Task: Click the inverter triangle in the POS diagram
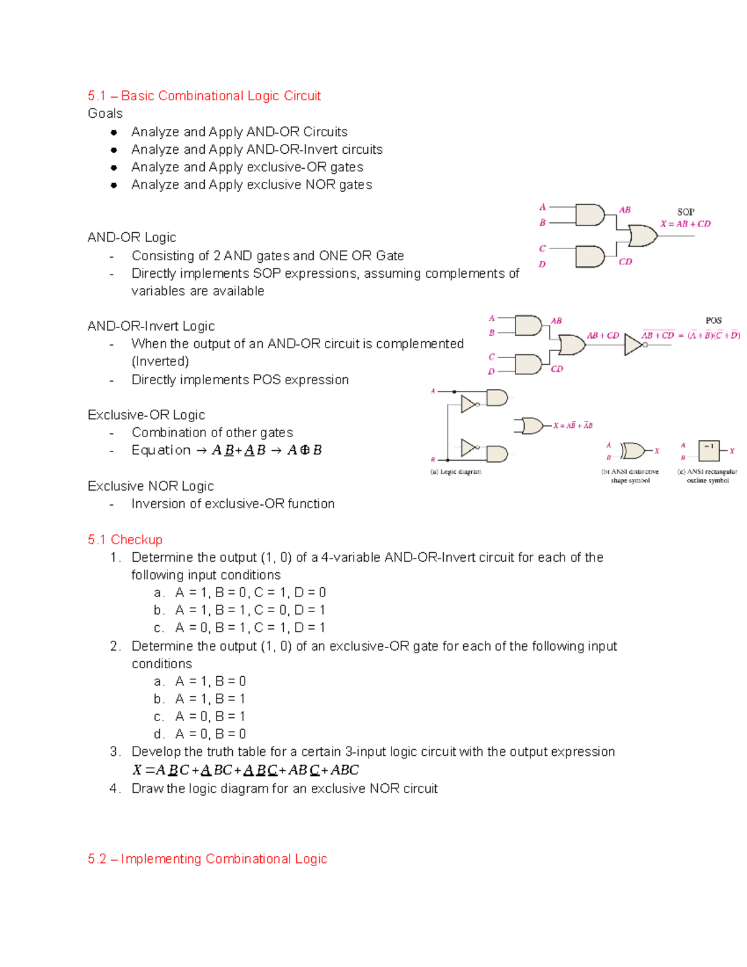pyautogui.click(x=633, y=344)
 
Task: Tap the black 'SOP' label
pyautogui.click(x=685, y=212)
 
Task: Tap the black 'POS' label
pyautogui.click(x=713, y=320)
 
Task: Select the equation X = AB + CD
pyautogui.click(x=685, y=224)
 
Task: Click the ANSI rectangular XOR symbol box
pyautogui.click(x=708, y=450)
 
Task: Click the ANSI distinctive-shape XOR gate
pyautogui.click(x=632, y=450)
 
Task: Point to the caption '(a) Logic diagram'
pyautogui.click(x=456, y=472)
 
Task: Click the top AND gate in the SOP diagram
pyautogui.click(x=590, y=215)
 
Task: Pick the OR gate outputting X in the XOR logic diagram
pyautogui.click(x=532, y=426)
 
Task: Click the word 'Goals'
pyautogui.click(x=105, y=113)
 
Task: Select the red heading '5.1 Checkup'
pyautogui.click(x=125, y=539)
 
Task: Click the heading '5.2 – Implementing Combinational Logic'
pyautogui.click(x=207, y=859)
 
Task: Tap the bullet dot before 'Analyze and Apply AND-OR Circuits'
pyautogui.click(x=114, y=132)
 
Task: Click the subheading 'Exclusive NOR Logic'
pyautogui.click(x=151, y=486)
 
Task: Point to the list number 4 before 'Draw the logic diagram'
pyautogui.click(x=114, y=788)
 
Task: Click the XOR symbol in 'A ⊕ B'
pyautogui.click(x=304, y=450)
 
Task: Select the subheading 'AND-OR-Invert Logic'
pyautogui.click(x=151, y=326)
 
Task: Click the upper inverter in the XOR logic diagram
pyautogui.click(x=469, y=404)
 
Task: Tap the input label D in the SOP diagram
pyautogui.click(x=542, y=264)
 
